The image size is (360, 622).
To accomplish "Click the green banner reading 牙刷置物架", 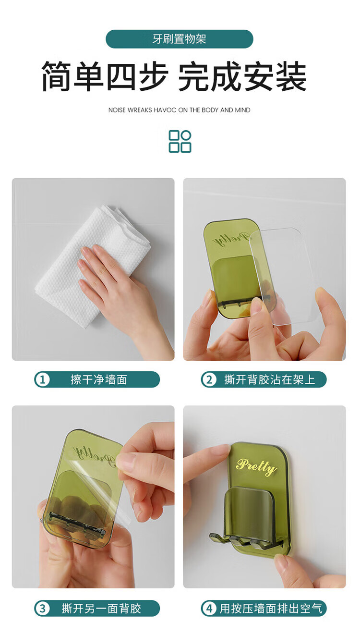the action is coord(180,39).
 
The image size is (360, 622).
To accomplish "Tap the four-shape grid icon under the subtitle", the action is coord(180,141).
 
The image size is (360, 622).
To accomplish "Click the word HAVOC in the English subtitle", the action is coord(165,110).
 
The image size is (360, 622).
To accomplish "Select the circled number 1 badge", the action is coord(42,379).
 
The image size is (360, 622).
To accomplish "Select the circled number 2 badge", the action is coord(209,379).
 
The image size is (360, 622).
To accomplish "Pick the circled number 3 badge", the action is coord(42,609).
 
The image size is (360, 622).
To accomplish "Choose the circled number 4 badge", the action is coord(209,609).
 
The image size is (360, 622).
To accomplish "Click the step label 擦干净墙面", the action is coord(99,379).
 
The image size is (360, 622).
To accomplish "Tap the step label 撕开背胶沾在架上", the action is coord(269,379).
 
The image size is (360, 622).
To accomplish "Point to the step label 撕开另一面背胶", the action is coord(101,609).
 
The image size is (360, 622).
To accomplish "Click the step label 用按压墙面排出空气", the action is coord(271,609).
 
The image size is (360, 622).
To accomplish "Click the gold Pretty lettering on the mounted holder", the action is coord(256,466).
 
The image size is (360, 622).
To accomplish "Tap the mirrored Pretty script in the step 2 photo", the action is coord(230,239).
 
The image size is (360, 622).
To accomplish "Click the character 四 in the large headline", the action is coord(122,76).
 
